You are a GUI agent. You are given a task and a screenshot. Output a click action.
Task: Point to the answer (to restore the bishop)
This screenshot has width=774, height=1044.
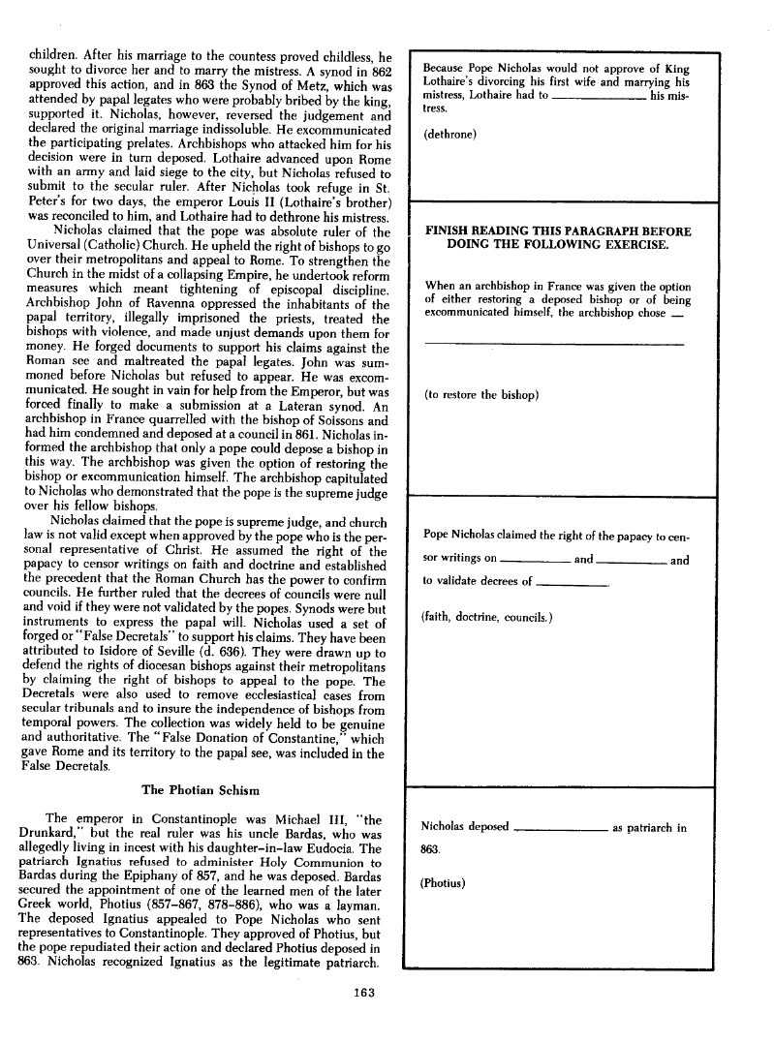(481, 395)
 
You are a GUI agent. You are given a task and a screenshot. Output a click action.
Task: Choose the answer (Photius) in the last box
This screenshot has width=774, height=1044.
(446, 883)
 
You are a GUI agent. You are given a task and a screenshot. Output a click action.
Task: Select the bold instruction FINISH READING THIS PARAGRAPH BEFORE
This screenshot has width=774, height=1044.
(559, 232)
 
